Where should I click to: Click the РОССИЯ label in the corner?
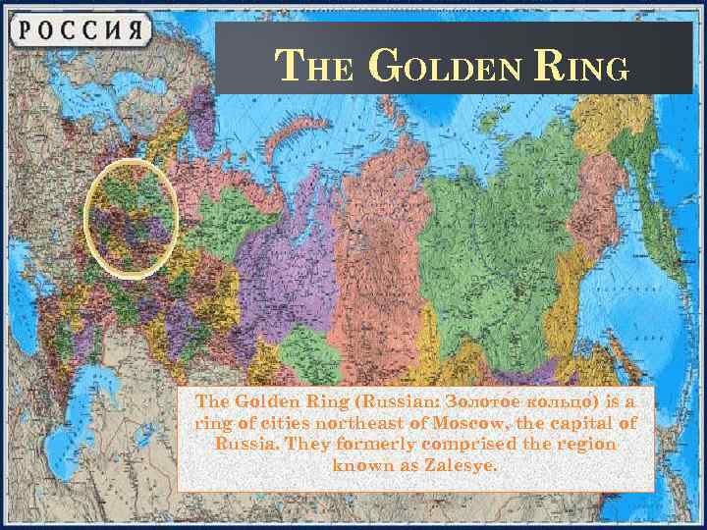pyautogui.click(x=79, y=28)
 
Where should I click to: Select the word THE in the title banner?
pyautogui.click(x=309, y=68)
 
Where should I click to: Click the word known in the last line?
pyautogui.click(x=362, y=465)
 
